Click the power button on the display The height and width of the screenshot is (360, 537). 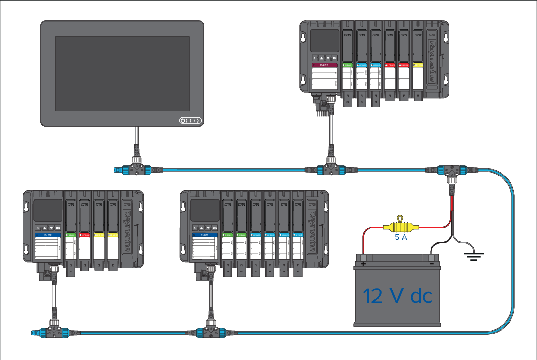(x=183, y=121)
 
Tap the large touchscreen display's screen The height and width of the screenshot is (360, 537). (x=122, y=73)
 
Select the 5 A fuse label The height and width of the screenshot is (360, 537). (x=401, y=238)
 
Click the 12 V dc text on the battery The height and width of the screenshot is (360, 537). (x=397, y=297)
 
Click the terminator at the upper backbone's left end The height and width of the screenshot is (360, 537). (x=117, y=169)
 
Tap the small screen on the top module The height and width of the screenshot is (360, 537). (x=324, y=41)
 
